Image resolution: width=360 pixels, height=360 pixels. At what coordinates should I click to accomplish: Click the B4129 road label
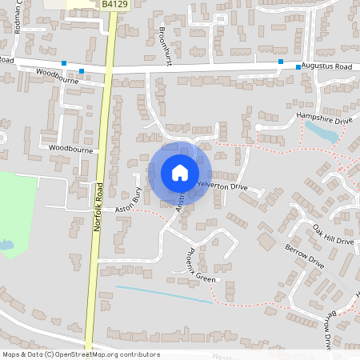[x=115, y=5]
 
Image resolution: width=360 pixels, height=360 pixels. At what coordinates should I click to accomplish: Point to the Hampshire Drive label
[x=324, y=118]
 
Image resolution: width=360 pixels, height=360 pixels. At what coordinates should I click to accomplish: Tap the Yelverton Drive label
[x=222, y=186]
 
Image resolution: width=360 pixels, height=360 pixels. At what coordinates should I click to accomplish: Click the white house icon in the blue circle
[x=180, y=173]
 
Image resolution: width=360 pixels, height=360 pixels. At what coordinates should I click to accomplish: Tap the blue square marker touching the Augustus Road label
[x=298, y=67]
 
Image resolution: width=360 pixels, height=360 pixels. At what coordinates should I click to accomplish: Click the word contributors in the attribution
[x=139, y=354]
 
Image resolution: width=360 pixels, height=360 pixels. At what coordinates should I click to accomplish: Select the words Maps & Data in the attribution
[x=22, y=354]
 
